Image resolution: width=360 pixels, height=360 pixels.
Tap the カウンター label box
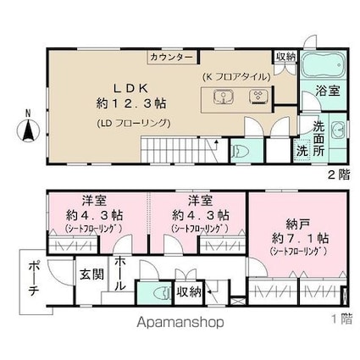tap(173, 58)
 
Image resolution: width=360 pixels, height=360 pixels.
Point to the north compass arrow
tap(27, 130)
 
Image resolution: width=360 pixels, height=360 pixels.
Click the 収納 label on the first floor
tap(190, 292)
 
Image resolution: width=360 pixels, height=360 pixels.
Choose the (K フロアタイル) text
tap(235, 76)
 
